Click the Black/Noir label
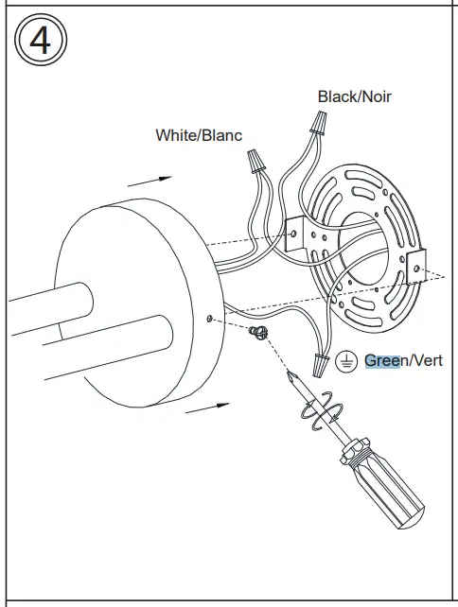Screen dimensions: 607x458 pos(354,96)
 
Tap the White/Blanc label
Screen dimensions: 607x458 pos(198,135)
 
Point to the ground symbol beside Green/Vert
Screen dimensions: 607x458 pos(348,360)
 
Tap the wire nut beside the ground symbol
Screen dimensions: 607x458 pos(320,360)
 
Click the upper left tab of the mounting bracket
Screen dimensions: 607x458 pos(294,230)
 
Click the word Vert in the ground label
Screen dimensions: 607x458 pos(427,360)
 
